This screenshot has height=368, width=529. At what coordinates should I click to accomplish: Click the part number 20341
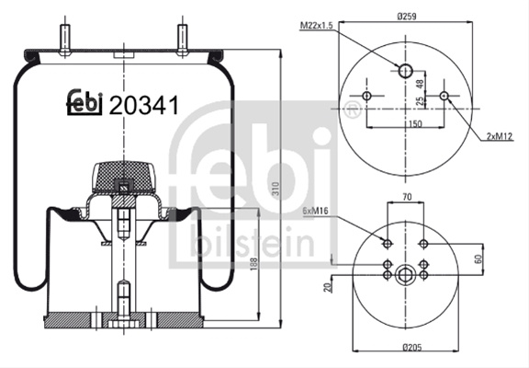pos(143,106)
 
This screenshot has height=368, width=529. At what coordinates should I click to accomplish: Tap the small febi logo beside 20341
pos(84,102)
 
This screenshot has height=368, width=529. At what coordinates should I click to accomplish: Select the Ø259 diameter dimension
pos(407,17)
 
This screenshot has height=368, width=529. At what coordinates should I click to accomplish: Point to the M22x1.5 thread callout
pos(317,26)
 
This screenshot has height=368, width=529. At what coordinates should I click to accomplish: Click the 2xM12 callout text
pos(500,136)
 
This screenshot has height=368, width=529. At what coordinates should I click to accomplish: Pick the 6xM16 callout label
pos(315,212)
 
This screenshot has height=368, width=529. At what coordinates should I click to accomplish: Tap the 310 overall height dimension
pos(276,190)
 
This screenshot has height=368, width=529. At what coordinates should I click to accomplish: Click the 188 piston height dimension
pos(253,264)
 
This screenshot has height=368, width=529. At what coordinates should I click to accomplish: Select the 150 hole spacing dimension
pos(415,123)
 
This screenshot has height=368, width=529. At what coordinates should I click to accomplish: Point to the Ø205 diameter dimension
pos(412,347)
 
